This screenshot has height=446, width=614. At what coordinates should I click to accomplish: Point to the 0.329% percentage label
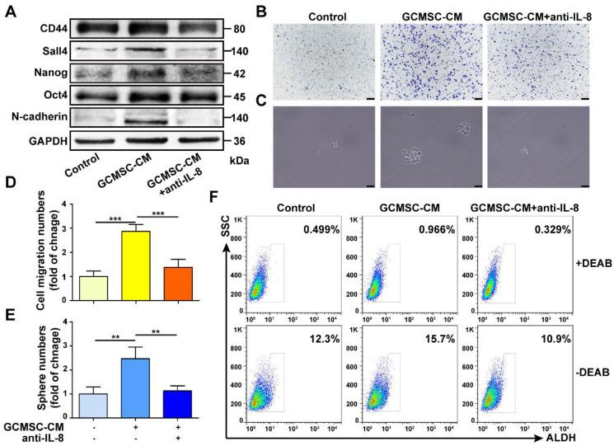tap(554, 227)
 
